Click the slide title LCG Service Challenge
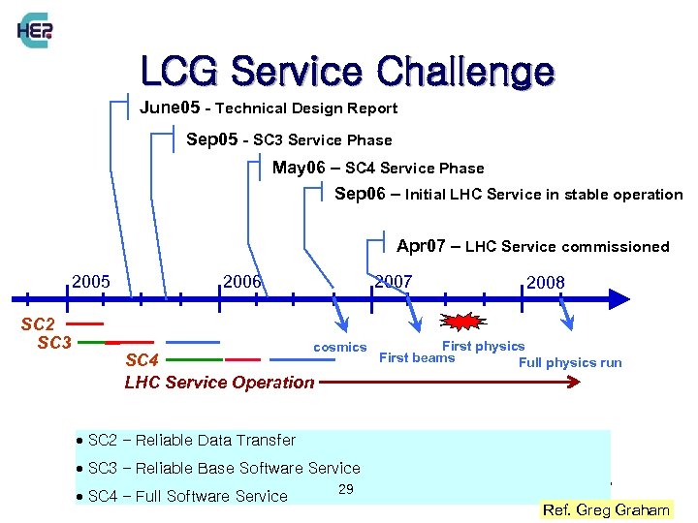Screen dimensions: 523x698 coord(347,72)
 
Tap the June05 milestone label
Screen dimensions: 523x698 coord(269,108)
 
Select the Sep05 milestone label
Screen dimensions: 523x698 coord(289,139)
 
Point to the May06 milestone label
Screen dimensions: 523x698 coord(377,168)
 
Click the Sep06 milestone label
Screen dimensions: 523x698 coord(508,194)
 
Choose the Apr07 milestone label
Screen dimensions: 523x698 coord(532,246)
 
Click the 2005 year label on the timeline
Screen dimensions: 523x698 coord(91,282)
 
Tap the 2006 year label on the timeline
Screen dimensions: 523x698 coord(242,282)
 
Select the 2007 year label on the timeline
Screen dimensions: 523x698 coord(394,282)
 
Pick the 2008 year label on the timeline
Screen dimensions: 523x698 coord(545,283)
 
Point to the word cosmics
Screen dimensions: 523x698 coord(339,347)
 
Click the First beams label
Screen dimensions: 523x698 coord(416,358)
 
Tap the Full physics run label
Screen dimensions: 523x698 coord(570,363)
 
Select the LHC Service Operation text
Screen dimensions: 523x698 coord(219,382)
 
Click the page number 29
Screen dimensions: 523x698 coord(346,489)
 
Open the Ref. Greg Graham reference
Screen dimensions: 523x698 coord(607,509)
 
